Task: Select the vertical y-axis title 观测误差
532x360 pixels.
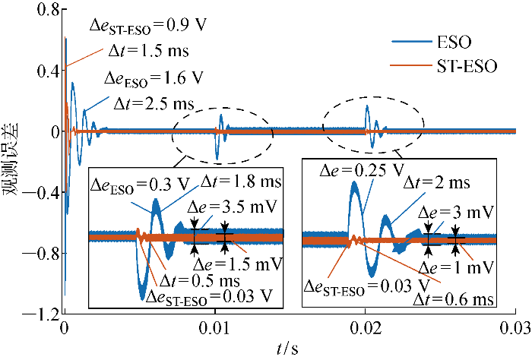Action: pos(13,163)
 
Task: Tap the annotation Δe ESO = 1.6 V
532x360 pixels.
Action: pos(154,78)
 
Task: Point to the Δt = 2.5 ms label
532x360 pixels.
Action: pos(154,102)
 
